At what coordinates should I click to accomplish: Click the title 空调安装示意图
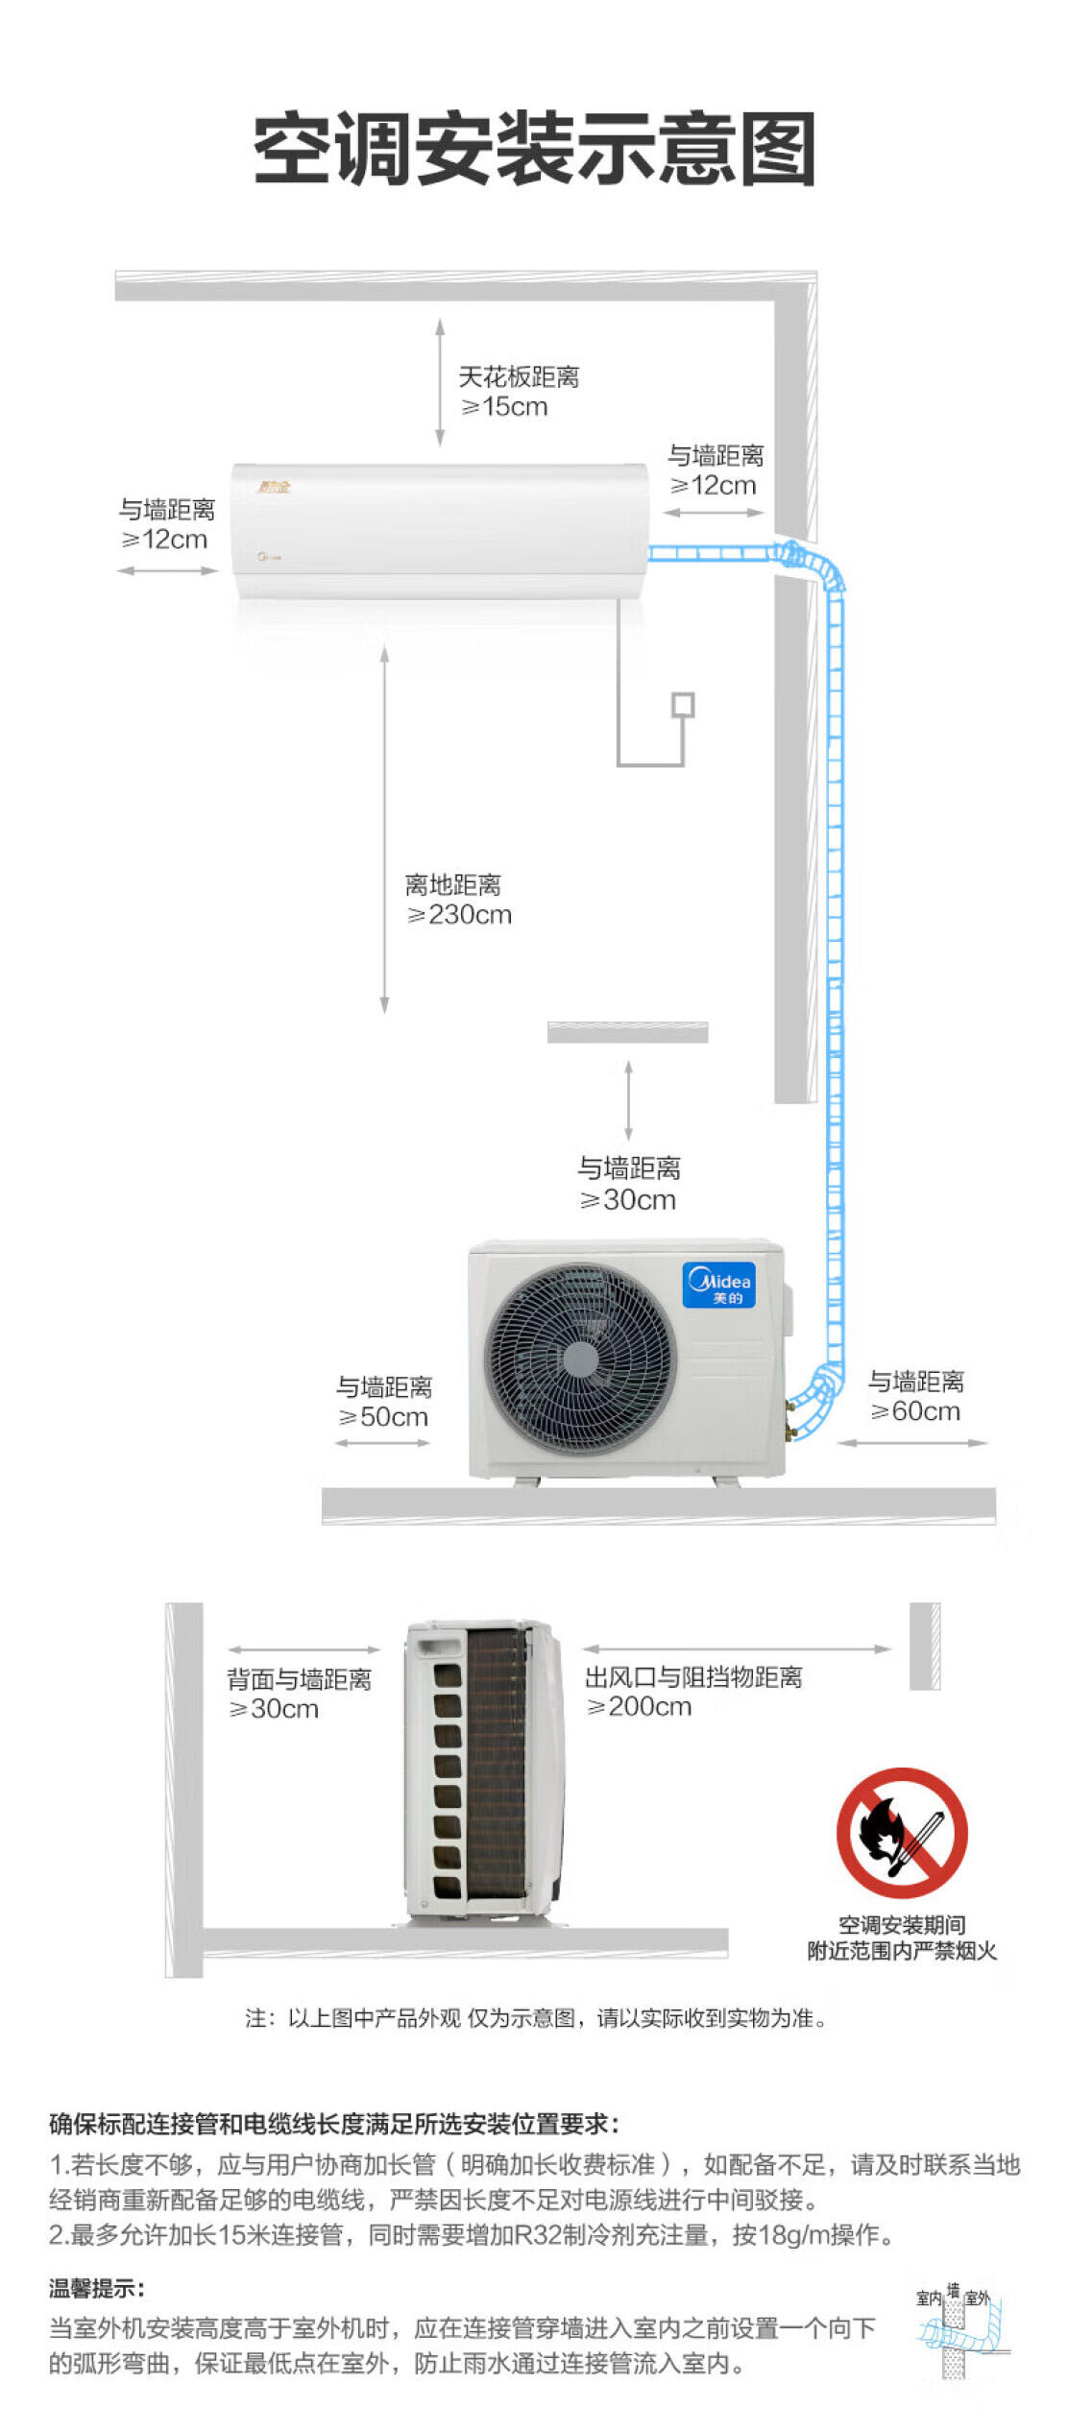[x=534, y=148]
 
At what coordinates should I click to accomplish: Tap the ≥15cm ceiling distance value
[x=504, y=407]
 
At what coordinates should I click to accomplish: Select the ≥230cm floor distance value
[x=459, y=915]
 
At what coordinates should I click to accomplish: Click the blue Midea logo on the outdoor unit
[x=719, y=1286]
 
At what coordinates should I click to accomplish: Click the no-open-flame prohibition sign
[x=901, y=1833]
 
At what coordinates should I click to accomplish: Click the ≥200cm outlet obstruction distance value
[x=639, y=1706]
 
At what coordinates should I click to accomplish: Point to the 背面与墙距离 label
[x=299, y=1679]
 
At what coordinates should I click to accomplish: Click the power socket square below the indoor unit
[x=683, y=705]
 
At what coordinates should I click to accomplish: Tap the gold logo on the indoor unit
[x=274, y=487]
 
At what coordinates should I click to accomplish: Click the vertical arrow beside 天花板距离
[x=440, y=382]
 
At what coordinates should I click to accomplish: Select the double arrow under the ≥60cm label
[x=911, y=1443]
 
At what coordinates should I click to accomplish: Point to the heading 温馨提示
[x=96, y=2288]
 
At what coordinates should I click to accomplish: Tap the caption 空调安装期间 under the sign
[x=901, y=1924]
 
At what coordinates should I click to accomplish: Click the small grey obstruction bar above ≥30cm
[x=627, y=1032]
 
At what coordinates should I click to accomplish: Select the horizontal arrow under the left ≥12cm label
[x=167, y=570]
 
